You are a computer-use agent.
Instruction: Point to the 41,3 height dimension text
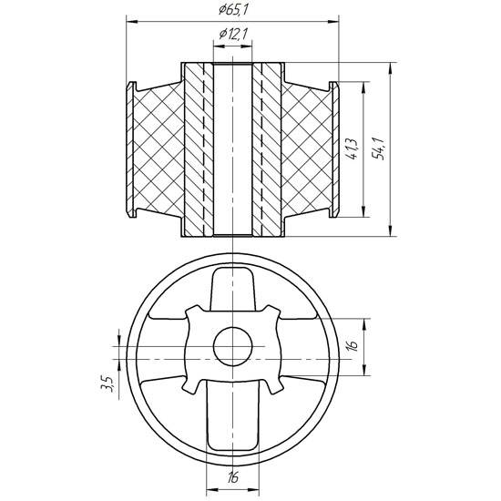[x=353, y=150]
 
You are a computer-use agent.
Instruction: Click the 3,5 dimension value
[x=107, y=384]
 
